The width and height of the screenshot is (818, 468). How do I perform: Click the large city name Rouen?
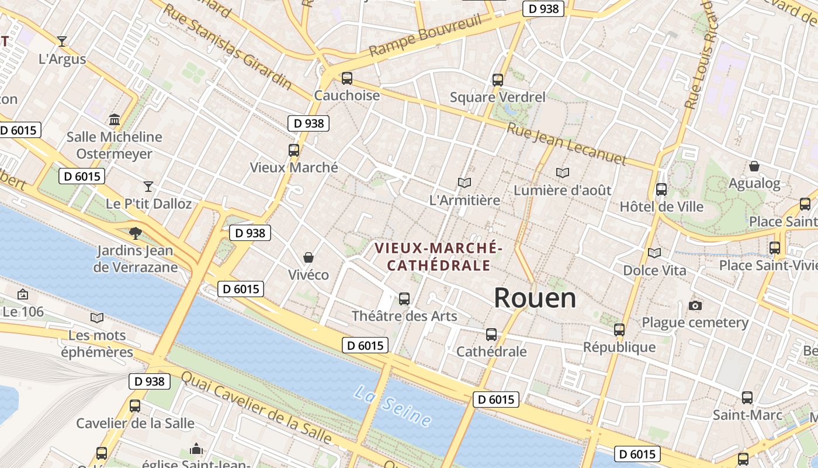pos(535,298)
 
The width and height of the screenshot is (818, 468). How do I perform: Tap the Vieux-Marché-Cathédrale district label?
pos(438,256)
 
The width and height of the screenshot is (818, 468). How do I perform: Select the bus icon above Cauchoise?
pos(347,78)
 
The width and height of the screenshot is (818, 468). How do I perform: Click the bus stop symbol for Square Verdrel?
pos(498,80)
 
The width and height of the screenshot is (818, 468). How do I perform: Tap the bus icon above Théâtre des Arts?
pos(404,299)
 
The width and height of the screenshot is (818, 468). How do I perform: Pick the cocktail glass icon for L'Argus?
pos(62,41)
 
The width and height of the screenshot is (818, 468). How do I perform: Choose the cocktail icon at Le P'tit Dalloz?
pos(148,186)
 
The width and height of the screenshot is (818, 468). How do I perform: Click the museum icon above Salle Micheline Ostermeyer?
pos(115,119)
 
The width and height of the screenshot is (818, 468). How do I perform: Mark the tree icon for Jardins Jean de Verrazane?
pos(136,233)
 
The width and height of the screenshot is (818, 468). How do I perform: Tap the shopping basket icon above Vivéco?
pos(308,257)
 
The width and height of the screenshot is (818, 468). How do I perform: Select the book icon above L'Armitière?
pos(465,183)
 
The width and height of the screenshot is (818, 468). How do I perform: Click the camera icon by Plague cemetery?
pos(695,305)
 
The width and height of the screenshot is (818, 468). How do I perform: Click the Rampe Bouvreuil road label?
pos(425,36)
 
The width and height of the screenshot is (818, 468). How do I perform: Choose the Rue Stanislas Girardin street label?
pos(227,47)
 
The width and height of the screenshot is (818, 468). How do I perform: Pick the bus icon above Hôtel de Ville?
pos(661,190)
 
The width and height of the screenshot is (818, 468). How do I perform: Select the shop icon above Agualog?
pos(754,166)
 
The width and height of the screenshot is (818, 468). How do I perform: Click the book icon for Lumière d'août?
pos(563,173)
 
